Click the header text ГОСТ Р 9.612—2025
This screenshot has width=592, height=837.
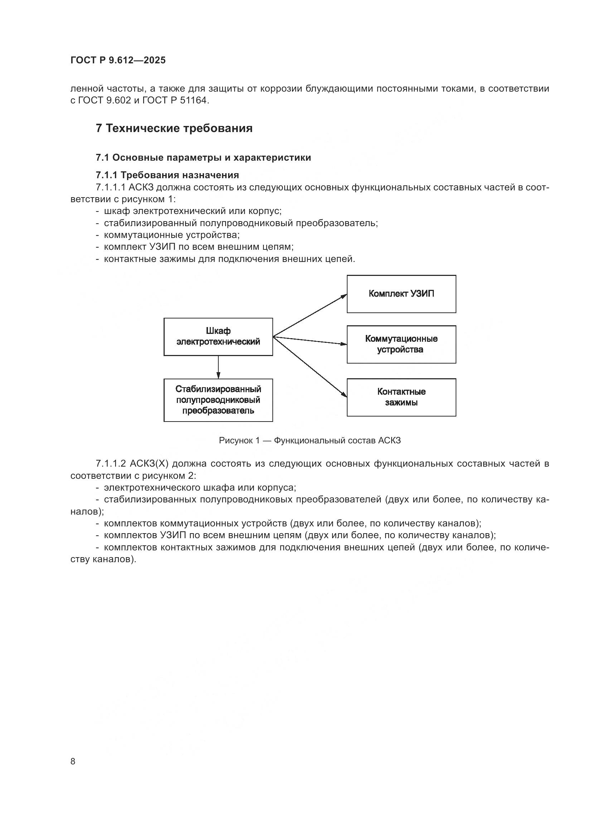(x=118, y=60)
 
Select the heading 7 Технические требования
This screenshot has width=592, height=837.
(x=174, y=128)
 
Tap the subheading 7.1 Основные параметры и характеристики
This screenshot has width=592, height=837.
(x=203, y=157)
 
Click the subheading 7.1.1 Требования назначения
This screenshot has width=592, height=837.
(x=167, y=175)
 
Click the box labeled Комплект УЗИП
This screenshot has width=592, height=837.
(x=401, y=294)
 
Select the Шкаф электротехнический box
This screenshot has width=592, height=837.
(x=218, y=336)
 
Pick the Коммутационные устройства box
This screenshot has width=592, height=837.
(x=401, y=344)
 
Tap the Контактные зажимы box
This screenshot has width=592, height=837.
(x=401, y=397)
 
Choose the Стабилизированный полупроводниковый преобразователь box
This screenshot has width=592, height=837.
(x=218, y=400)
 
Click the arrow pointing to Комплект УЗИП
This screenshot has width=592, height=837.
(x=310, y=315)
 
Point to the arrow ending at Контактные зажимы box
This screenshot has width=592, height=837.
(x=310, y=366)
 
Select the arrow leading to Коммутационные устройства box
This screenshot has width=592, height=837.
(x=310, y=341)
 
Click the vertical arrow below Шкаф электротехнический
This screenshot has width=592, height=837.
(x=218, y=367)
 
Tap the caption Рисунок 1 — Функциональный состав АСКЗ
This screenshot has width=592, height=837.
(x=310, y=441)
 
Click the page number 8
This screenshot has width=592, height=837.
(x=73, y=761)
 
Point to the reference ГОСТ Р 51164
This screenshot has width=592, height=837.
(x=175, y=101)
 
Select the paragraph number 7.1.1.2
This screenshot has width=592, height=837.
(x=111, y=464)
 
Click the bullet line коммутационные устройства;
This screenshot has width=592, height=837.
(x=171, y=235)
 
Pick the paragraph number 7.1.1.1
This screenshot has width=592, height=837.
(x=111, y=188)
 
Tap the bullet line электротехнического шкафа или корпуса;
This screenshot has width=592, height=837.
(x=200, y=487)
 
